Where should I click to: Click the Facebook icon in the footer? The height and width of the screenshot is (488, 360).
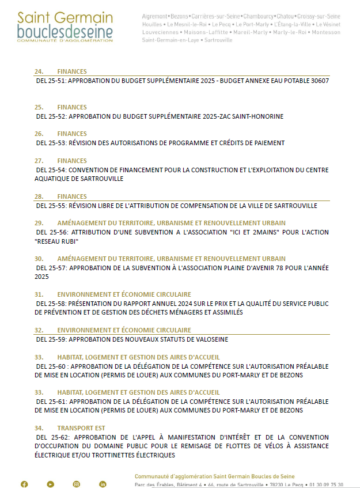[24, 484]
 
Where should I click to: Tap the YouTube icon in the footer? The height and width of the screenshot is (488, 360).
[51, 484]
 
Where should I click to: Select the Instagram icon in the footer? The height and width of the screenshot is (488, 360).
[77, 484]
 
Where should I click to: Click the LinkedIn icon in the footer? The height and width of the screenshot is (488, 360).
[103, 484]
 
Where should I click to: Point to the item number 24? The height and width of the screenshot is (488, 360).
[39, 71]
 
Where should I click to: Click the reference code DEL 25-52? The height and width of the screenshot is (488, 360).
[51, 116]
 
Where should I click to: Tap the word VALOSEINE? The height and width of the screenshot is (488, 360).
[209, 339]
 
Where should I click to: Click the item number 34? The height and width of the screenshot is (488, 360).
[39, 428]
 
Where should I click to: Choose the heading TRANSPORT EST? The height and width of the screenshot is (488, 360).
[81, 428]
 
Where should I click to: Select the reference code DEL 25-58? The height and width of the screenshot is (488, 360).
[51, 303]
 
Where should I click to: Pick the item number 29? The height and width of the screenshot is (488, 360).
[39, 223]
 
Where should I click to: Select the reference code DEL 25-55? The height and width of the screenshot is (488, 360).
[51, 205]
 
